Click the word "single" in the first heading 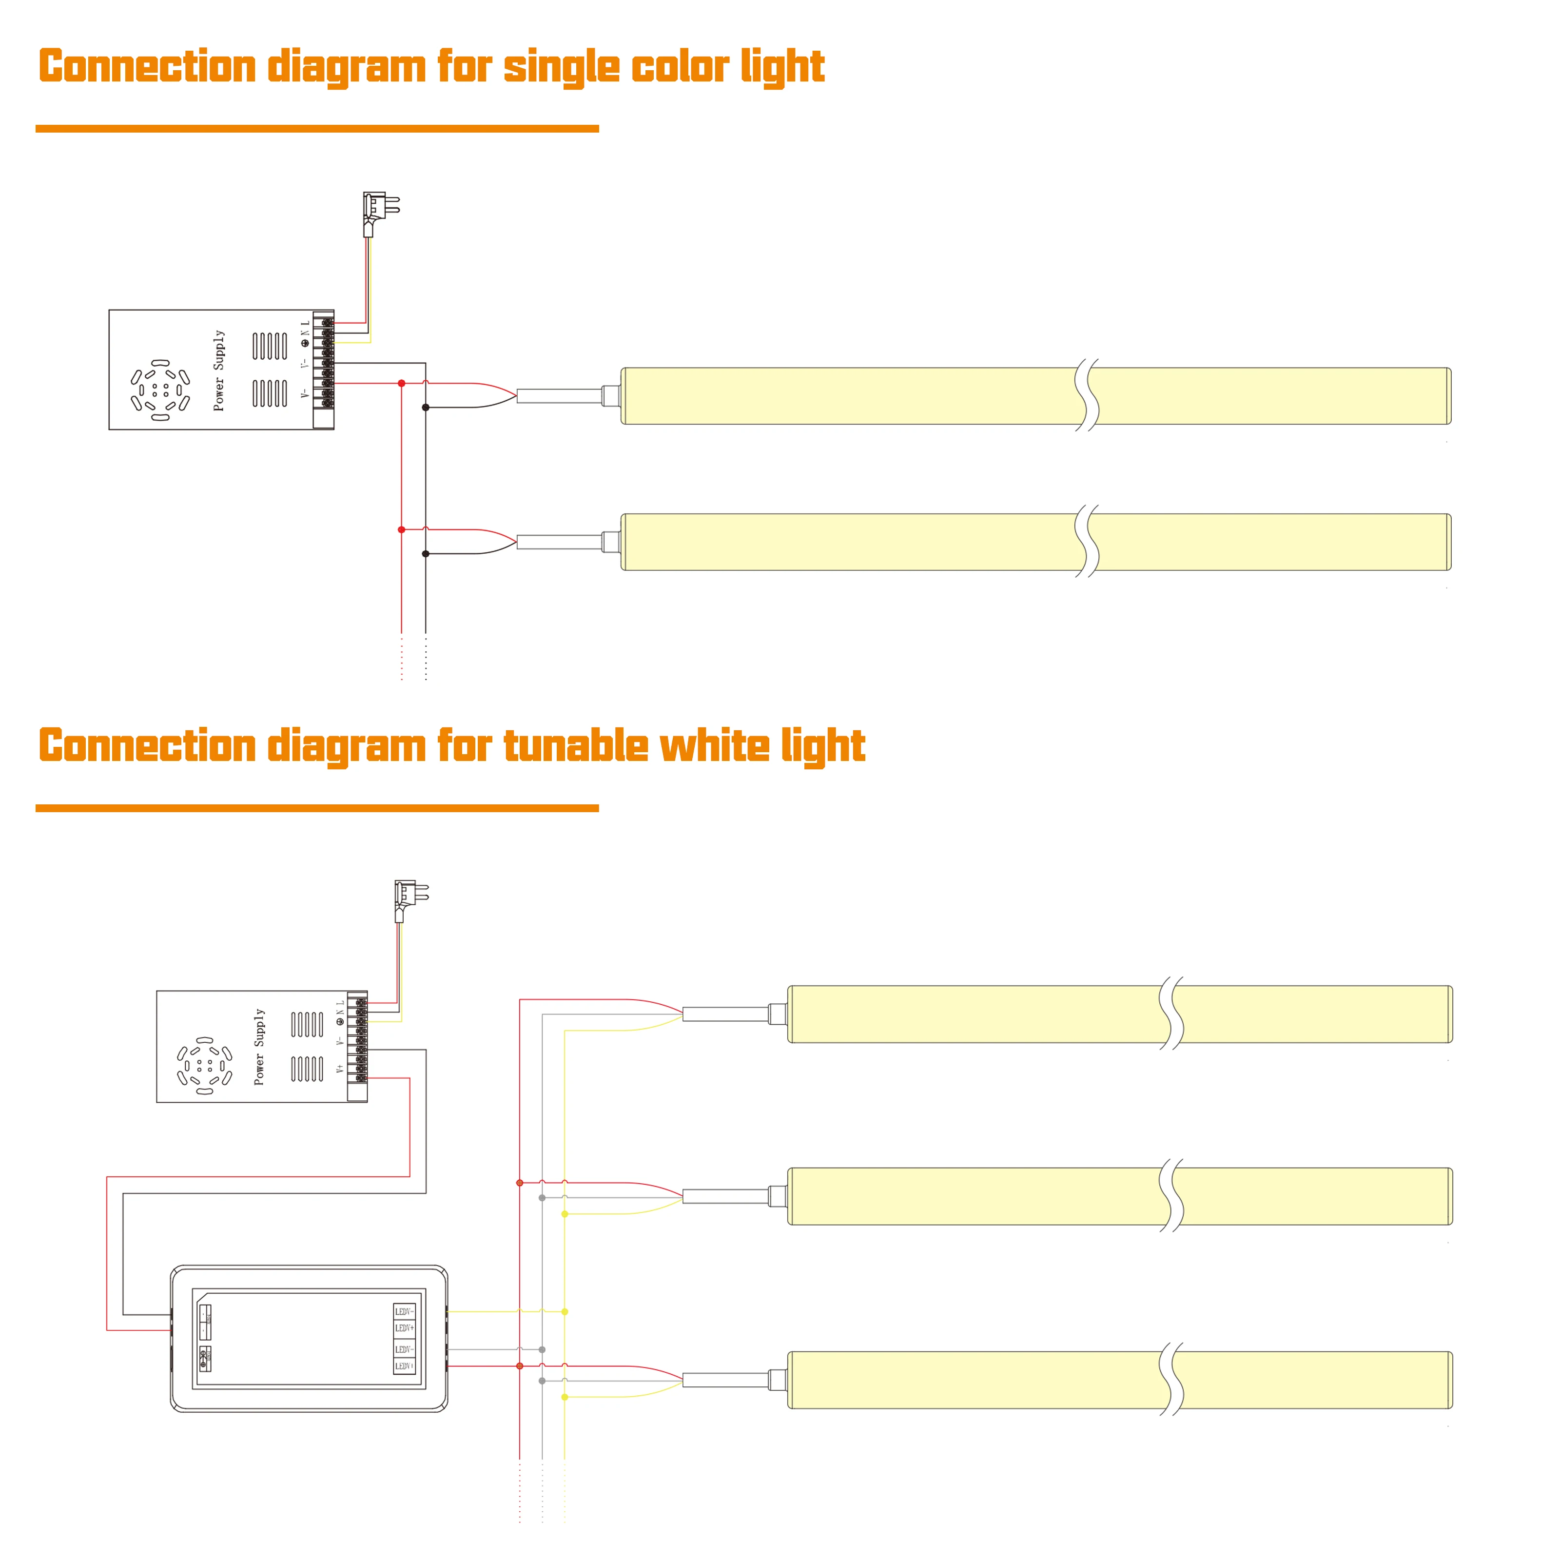pyautogui.click(x=561, y=67)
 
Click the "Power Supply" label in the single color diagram pyautogui.click(x=219, y=370)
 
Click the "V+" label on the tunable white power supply pyautogui.click(x=340, y=1068)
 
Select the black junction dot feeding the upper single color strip pyautogui.click(x=426, y=408)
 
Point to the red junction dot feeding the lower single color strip pyautogui.click(x=401, y=530)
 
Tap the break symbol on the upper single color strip pyautogui.click(x=1087, y=396)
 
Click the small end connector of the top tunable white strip pyautogui.click(x=777, y=1014)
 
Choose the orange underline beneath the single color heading pyautogui.click(x=316, y=128)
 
